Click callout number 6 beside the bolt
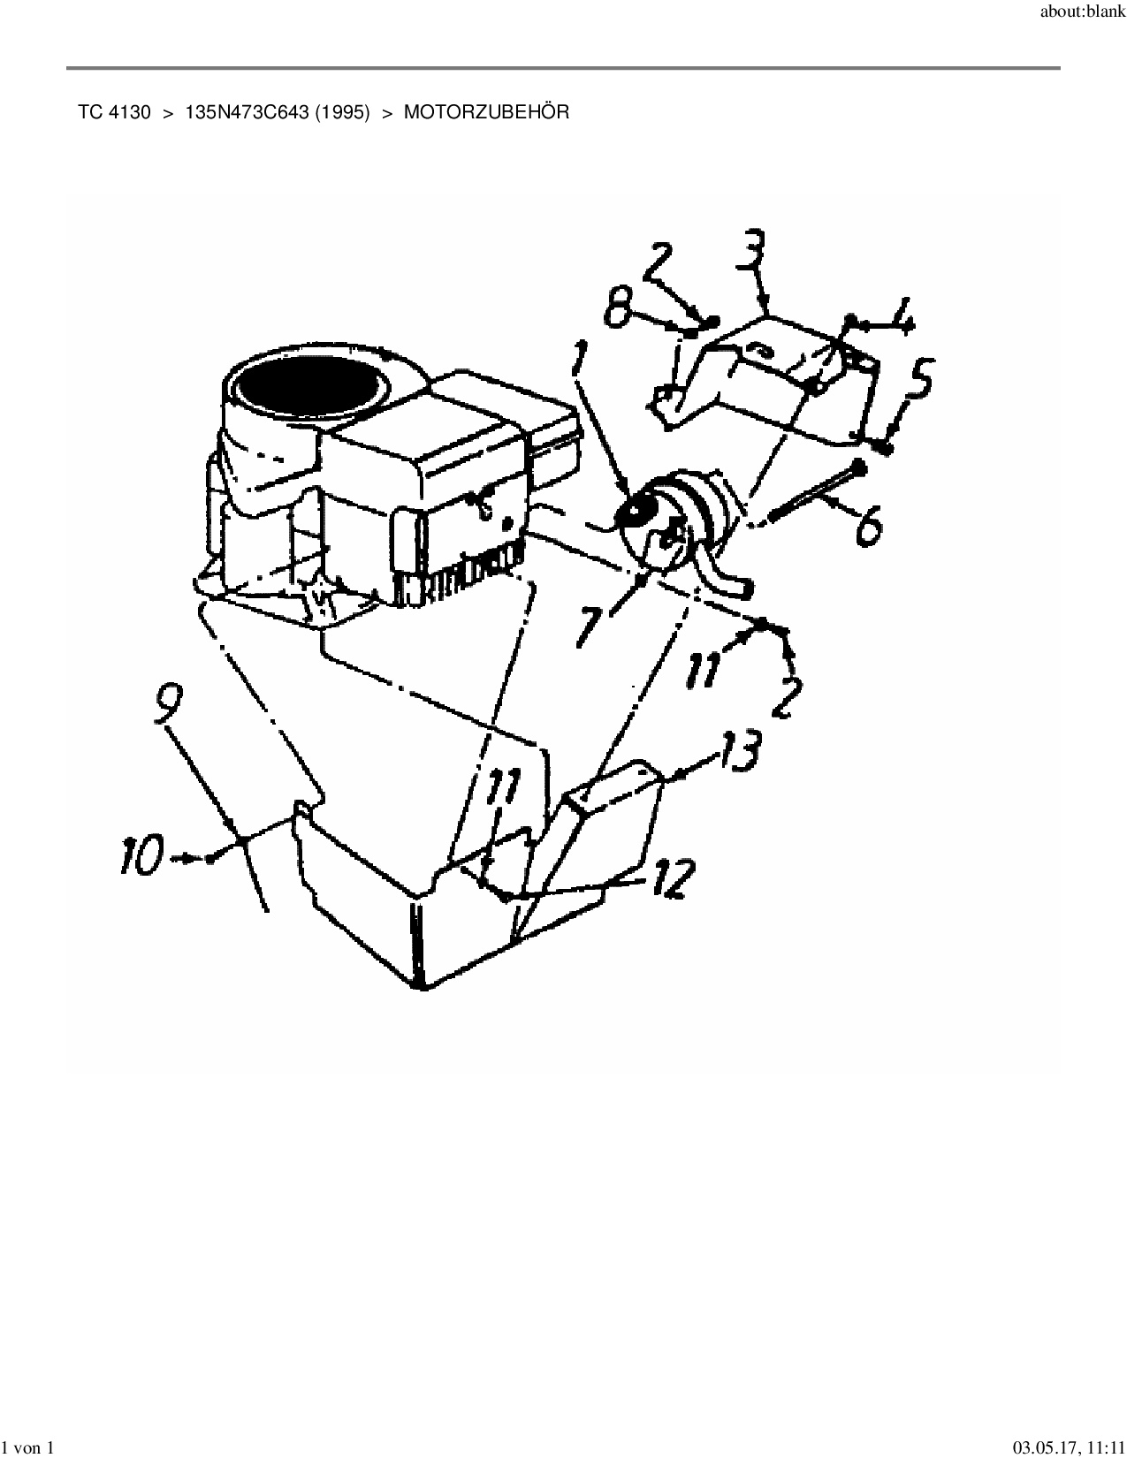(868, 523)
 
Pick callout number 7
(590, 625)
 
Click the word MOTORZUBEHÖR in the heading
(486, 112)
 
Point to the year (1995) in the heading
(343, 112)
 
